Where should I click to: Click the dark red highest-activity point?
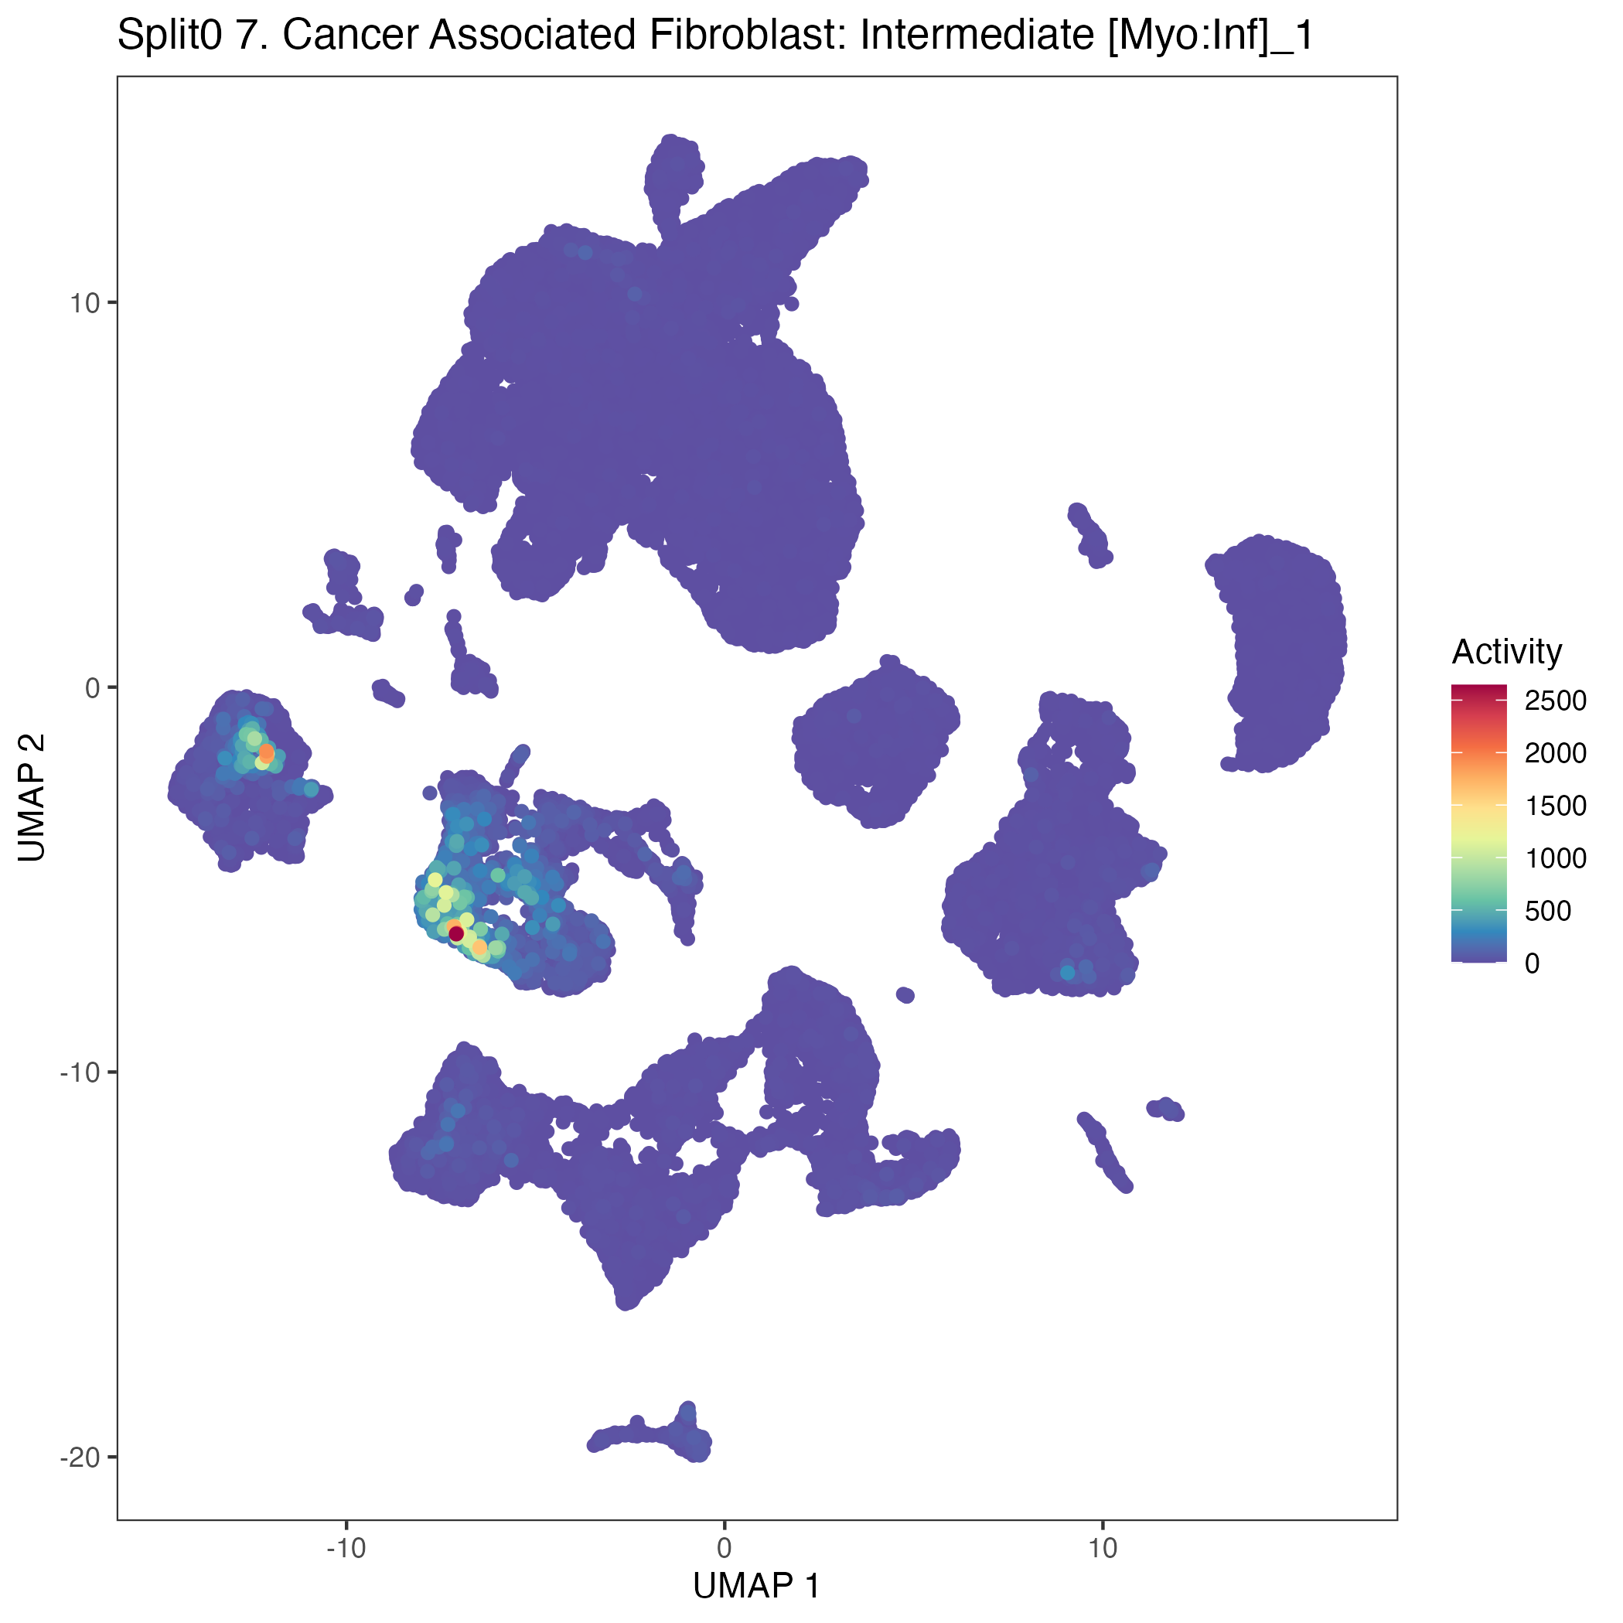click(x=456, y=933)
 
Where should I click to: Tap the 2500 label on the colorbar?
click(x=1555, y=701)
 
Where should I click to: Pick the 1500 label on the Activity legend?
click(x=1555, y=806)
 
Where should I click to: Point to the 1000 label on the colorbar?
click(x=1555, y=858)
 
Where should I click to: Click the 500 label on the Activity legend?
click(x=1547, y=911)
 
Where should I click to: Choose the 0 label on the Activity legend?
click(x=1533, y=963)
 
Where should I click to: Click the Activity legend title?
click(x=1506, y=652)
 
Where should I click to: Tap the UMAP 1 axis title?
click(x=756, y=1585)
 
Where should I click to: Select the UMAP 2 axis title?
click(x=32, y=797)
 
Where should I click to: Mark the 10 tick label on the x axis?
click(x=1102, y=1547)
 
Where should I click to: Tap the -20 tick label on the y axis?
click(x=80, y=1457)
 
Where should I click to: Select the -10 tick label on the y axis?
click(x=80, y=1072)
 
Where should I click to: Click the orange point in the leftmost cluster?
click(x=266, y=752)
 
